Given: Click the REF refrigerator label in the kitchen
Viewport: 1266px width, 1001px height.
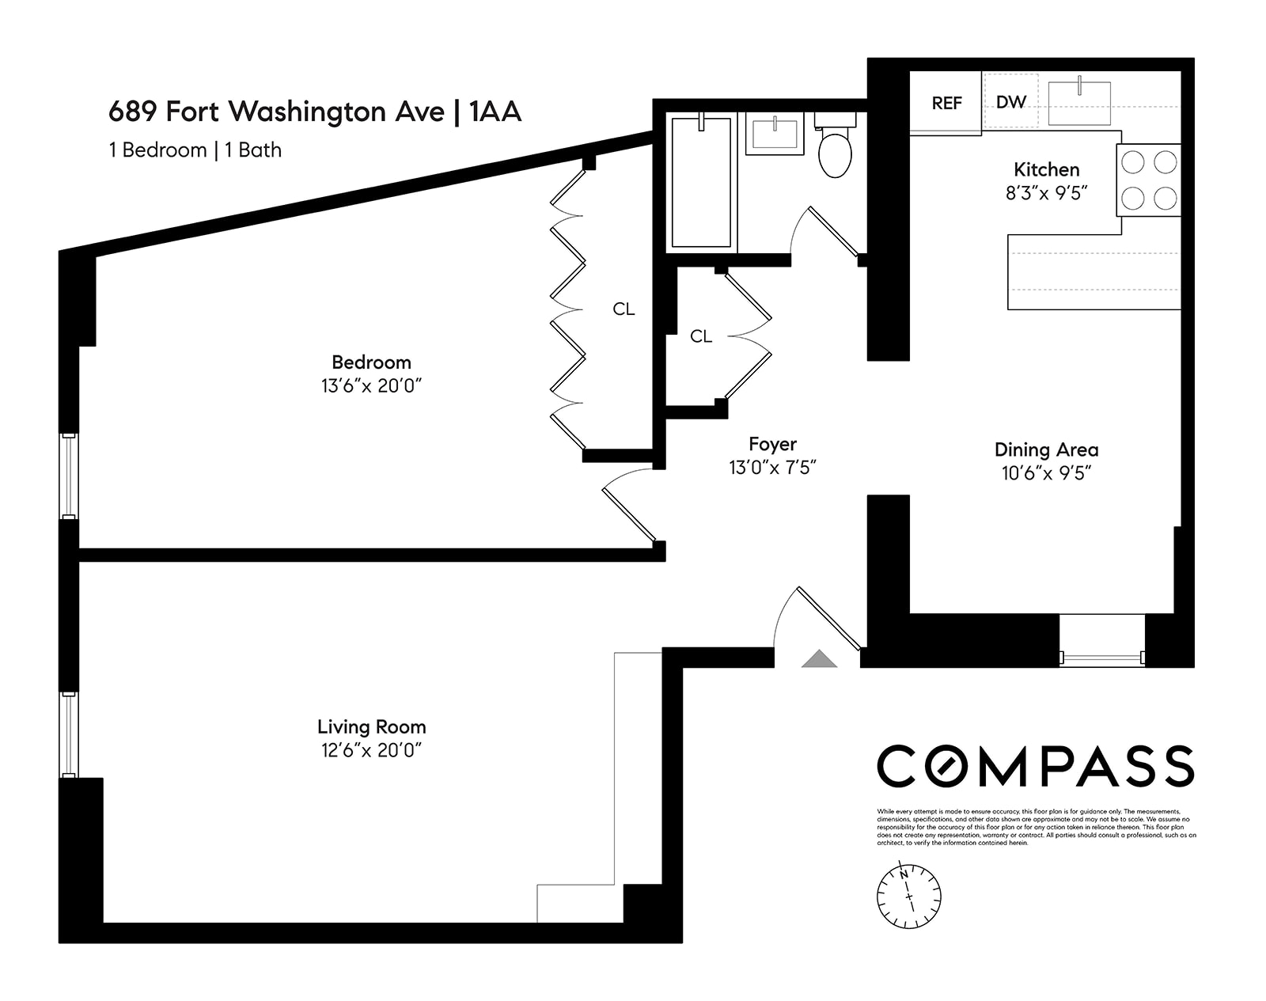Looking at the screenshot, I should coord(946,103).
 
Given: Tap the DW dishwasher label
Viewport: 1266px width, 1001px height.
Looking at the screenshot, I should coord(1010,102).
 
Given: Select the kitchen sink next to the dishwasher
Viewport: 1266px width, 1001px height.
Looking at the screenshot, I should coord(1079,103).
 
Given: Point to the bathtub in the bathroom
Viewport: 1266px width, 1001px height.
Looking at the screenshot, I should coord(701,182).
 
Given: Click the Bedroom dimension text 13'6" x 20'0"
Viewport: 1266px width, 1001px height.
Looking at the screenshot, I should coord(371,386).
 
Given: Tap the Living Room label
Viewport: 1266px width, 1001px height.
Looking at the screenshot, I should coord(371,726).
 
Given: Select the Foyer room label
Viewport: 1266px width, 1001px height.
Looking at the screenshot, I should coord(772,444).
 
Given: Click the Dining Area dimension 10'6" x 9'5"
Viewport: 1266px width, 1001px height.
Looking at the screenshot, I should coord(1046,473).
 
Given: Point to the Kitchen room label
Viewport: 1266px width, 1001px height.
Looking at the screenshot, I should coord(1046,169).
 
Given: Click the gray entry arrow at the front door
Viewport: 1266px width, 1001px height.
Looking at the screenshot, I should coord(819,659).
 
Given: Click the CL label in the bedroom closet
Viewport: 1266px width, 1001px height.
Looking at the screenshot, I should coord(624,309).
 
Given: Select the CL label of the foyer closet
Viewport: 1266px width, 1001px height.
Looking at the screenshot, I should coord(700,336).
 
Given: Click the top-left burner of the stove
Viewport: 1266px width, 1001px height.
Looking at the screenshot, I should coord(1134,162).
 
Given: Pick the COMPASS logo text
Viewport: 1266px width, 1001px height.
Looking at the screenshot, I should coord(1035,766).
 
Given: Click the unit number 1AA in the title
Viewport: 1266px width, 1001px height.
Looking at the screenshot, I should coord(495,112).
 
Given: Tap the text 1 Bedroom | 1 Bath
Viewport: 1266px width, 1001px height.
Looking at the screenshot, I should coord(195,150).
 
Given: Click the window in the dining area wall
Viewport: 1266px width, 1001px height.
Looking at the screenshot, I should coord(1102,657).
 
